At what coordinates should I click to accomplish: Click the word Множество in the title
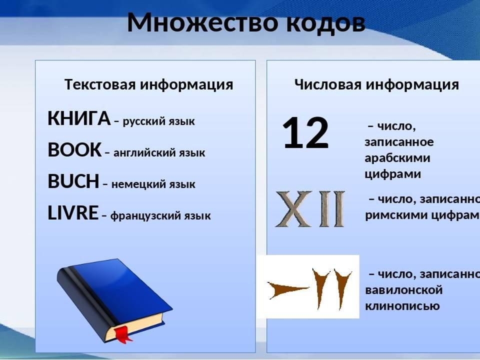pos(202,22)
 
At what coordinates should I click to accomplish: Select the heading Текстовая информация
pos(149,84)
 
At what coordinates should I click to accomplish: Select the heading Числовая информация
pos(376,84)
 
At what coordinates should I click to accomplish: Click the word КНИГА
pos(79,118)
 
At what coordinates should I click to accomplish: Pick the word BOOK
pos(74,149)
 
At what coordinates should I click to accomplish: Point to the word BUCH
pos(73,181)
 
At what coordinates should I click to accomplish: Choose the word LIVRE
pos(73,213)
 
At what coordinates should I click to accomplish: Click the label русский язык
pos(159,121)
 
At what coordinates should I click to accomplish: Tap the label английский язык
pos(159,153)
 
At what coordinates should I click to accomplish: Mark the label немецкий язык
pos(153,184)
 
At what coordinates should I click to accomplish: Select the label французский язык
pos(160,216)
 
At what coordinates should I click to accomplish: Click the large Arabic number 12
pos(306,133)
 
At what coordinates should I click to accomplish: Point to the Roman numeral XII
pos(310,209)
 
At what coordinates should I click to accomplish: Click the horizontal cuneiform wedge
pos(288,290)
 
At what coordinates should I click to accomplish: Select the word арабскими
pos(397,158)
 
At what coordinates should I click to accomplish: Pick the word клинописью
pos(402,306)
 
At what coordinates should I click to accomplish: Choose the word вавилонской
pos(404,290)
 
